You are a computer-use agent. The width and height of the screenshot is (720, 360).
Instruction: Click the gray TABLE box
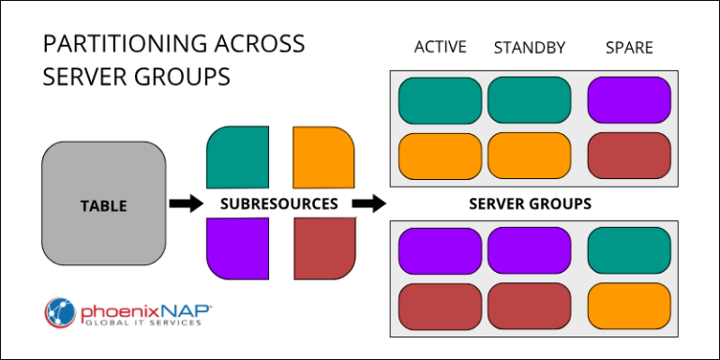pyautogui.click(x=103, y=203)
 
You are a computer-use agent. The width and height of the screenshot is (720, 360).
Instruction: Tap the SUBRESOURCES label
pyautogui.click(x=278, y=203)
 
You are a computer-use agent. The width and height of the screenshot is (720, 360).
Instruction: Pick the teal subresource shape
pyautogui.click(x=238, y=157)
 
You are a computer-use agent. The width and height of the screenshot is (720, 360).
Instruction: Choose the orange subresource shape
pyautogui.click(x=323, y=157)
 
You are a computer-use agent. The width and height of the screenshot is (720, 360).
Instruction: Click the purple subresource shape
pyautogui.click(x=238, y=248)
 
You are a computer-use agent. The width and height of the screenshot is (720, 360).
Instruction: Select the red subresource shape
pyautogui.click(x=323, y=248)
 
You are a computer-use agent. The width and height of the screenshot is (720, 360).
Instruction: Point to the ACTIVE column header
pyautogui.click(x=441, y=48)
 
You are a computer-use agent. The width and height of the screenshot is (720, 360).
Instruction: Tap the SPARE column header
pyautogui.click(x=629, y=48)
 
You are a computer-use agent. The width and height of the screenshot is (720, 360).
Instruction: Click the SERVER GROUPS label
pyautogui.click(x=529, y=203)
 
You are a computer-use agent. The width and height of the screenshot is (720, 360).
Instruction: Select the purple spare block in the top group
pyautogui.click(x=629, y=100)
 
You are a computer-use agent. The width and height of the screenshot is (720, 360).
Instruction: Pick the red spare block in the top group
pyautogui.click(x=629, y=155)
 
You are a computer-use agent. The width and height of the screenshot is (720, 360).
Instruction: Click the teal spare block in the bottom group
pyautogui.click(x=629, y=249)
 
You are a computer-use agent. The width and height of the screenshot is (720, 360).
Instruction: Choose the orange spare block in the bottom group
pyautogui.click(x=629, y=306)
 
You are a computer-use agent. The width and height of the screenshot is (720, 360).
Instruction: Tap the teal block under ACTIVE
pyautogui.click(x=440, y=100)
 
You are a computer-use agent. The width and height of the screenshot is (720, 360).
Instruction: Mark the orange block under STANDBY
pyautogui.click(x=529, y=155)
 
